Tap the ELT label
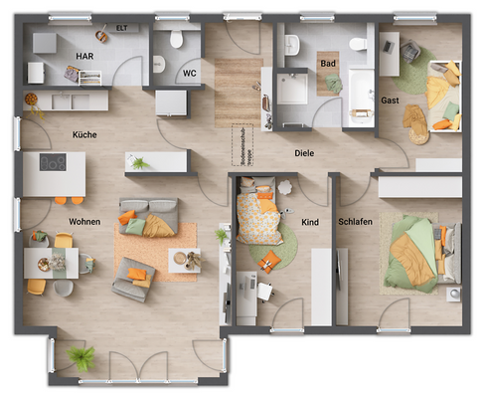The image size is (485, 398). pos(121,28)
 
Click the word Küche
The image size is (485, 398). pos(84,134)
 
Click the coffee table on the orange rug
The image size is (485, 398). pos(185,259)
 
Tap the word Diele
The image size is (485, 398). pos(304,154)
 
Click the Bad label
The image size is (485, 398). pos(327,63)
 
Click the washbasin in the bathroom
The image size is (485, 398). pos(291,45)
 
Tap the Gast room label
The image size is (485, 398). pos(391,99)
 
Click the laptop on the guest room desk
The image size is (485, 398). pos(409,53)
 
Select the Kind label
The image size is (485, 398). pos(310,222)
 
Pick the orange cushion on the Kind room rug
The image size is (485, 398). pos(268,261)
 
